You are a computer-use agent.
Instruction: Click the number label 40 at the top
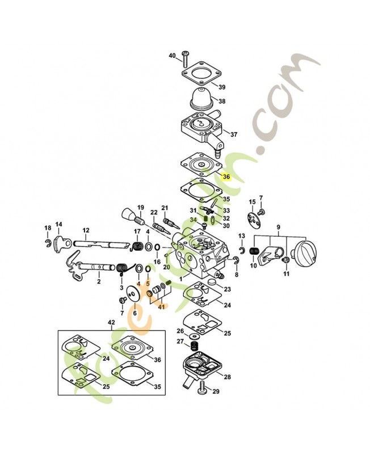click(173, 56)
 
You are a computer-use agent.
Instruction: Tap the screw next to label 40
click(184, 57)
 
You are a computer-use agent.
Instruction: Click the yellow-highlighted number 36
click(226, 176)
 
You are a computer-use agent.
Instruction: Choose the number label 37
click(234, 134)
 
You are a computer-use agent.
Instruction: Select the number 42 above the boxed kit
click(111, 323)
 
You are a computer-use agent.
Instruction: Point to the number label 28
click(227, 376)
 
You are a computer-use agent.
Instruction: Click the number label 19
click(140, 207)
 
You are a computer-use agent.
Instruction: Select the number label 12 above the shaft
click(86, 230)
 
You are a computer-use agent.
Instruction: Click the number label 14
click(58, 224)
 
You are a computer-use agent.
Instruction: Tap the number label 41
click(162, 307)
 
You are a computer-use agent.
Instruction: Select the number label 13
click(241, 236)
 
